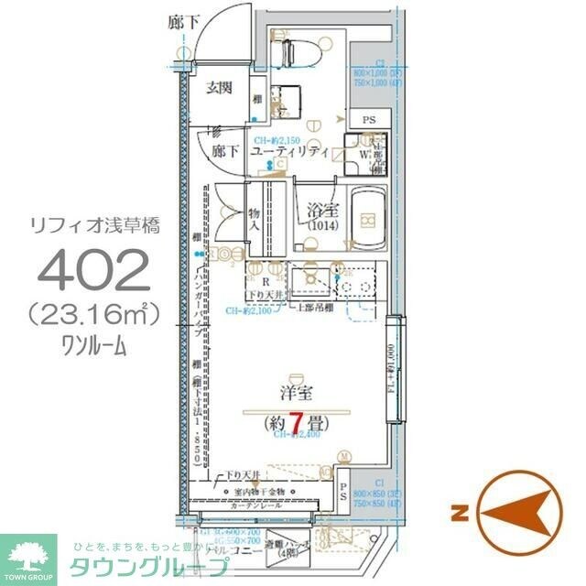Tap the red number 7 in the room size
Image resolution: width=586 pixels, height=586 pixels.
296,422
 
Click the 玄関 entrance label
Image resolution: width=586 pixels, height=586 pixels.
219,88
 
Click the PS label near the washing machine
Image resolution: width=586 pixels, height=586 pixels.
368,120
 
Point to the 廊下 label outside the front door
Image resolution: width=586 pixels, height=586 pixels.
181,20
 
